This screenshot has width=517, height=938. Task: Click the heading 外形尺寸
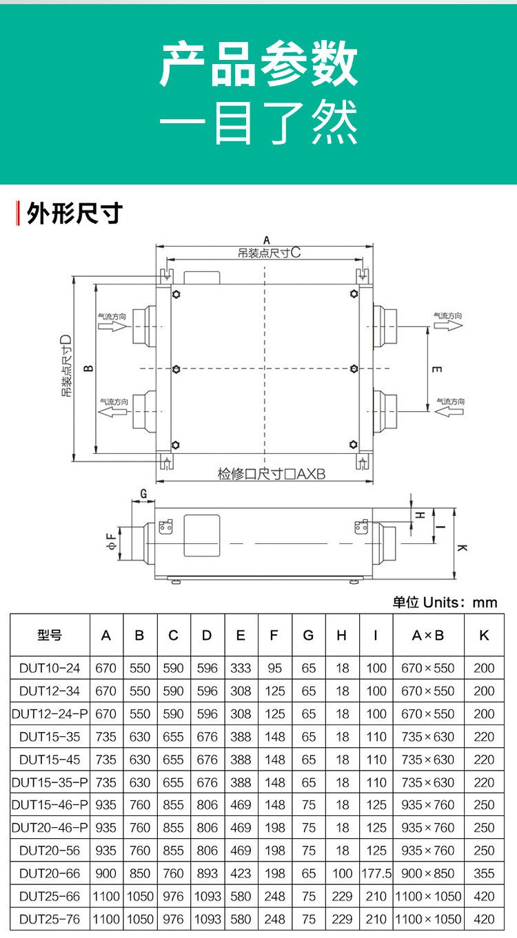pyautogui.click(x=74, y=213)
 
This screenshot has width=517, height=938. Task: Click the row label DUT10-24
pyautogui.click(x=50, y=668)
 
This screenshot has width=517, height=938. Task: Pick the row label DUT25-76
pyautogui.click(x=50, y=919)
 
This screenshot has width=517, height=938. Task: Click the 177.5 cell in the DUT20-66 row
pyautogui.click(x=376, y=873)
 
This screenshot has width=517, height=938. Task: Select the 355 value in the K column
pyautogui.click(x=484, y=873)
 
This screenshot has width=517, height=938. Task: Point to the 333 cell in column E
pyautogui.click(x=241, y=668)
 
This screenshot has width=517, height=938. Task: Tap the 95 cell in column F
pyautogui.click(x=274, y=668)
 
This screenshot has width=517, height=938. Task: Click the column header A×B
pyautogui.click(x=428, y=636)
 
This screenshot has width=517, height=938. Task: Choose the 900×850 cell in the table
pyautogui.click(x=428, y=873)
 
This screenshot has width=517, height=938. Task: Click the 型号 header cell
pyautogui.click(x=50, y=636)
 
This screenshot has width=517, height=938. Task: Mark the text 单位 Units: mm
pyautogui.click(x=445, y=602)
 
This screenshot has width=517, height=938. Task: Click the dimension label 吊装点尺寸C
pyautogui.click(x=270, y=253)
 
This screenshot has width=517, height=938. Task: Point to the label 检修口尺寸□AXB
pyautogui.click(x=272, y=475)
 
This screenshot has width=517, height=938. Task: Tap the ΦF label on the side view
pyautogui.click(x=110, y=542)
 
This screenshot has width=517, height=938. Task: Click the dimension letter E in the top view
pyautogui.click(x=436, y=369)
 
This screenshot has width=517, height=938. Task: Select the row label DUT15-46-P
pyautogui.click(x=50, y=804)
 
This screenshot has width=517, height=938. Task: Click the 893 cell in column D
pyautogui.click(x=207, y=873)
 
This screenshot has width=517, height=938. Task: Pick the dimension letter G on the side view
pyautogui.click(x=144, y=494)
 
